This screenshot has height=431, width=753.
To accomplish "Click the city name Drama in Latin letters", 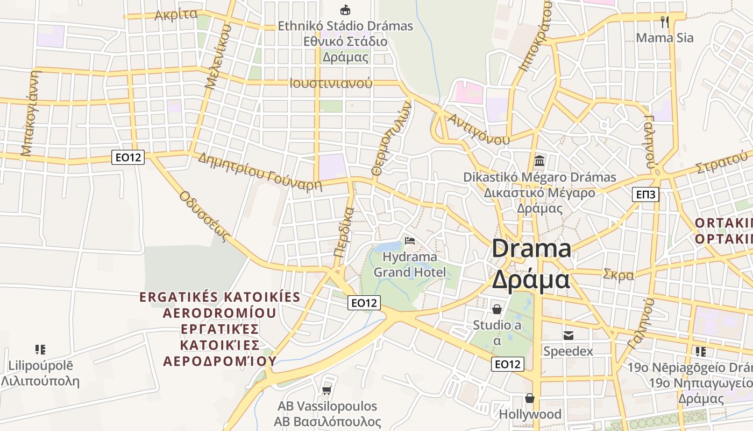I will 531,249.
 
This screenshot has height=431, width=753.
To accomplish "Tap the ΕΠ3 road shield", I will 645,194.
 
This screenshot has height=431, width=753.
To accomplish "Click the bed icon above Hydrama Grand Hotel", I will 410,240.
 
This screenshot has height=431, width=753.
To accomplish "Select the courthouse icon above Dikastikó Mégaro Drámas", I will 539,161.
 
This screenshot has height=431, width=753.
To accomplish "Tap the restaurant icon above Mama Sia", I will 665,22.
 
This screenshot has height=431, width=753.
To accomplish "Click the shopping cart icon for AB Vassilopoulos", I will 326,390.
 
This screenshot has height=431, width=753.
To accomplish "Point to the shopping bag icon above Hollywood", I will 530,398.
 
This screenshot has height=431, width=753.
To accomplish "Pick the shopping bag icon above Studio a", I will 497,309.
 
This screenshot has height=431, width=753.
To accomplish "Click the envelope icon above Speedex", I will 568,336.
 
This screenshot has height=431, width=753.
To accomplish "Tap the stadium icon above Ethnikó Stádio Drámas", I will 345,10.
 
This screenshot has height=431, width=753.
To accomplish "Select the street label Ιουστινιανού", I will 331,84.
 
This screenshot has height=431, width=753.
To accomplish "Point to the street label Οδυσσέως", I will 204,216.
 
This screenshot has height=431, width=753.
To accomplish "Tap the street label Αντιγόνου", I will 478,129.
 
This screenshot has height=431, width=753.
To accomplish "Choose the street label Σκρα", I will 619,275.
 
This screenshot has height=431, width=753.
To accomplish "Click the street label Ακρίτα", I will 176,15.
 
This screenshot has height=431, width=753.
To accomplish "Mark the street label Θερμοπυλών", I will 391,139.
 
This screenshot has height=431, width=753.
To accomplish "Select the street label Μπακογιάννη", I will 30,113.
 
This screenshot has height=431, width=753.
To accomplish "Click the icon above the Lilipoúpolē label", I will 40,350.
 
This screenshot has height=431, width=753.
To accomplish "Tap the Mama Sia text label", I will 665,38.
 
